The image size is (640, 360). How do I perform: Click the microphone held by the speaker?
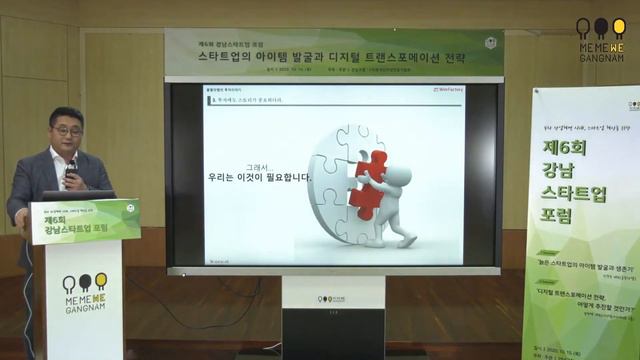(x=71, y=169)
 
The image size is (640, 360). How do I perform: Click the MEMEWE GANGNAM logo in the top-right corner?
(x=600, y=39)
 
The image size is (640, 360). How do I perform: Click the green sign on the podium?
(x=84, y=221)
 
